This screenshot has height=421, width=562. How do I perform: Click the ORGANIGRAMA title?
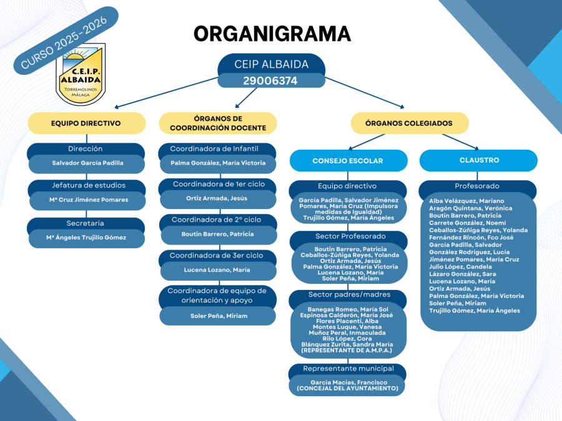pyautogui.click(x=272, y=33)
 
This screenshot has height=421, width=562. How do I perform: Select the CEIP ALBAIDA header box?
pyautogui.click(x=271, y=64)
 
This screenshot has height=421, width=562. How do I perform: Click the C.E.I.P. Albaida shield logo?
pyautogui.click(x=81, y=74)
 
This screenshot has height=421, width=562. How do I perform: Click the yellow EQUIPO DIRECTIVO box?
pyautogui.click(x=86, y=123)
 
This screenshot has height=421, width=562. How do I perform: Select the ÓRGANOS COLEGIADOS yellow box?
pyautogui.click(x=408, y=123)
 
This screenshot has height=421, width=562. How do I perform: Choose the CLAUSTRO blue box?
pyautogui.click(x=478, y=160)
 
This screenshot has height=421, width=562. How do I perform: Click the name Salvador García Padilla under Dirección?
pyautogui.click(x=87, y=163)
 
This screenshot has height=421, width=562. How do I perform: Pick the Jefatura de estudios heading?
pyautogui.click(x=87, y=185)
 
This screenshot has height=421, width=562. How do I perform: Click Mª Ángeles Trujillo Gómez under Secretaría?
pyautogui.click(x=86, y=237)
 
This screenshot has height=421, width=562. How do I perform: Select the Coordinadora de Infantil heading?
pyautogui.click(x=217, y=149)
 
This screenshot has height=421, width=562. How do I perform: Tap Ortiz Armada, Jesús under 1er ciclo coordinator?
pyautogui.click(x=217, y=198)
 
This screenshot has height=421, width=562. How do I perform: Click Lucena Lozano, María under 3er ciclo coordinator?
pyautogui.click(x=217, y=270)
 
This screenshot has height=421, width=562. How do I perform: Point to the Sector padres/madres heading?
pyautogui.click(x=349, y=294)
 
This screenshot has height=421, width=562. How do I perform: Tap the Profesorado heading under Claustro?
pyautogui.click(x=477, y=186)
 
